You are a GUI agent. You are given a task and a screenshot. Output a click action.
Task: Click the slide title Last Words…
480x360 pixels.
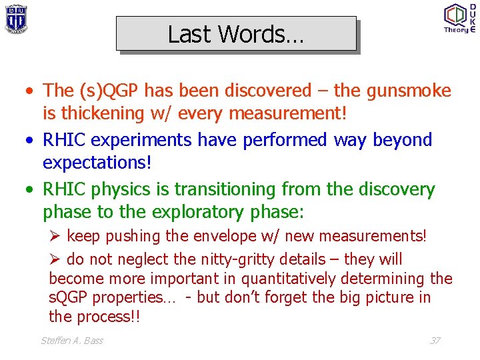click(235, 34)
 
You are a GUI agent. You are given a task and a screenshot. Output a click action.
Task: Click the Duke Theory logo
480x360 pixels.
click(459, 18)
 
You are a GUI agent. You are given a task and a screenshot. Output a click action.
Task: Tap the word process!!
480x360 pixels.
click(111, 317)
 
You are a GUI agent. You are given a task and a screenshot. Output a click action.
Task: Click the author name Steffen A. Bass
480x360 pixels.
click(72, 341)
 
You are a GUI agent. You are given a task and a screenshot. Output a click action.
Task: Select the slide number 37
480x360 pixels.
click(435, 341)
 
